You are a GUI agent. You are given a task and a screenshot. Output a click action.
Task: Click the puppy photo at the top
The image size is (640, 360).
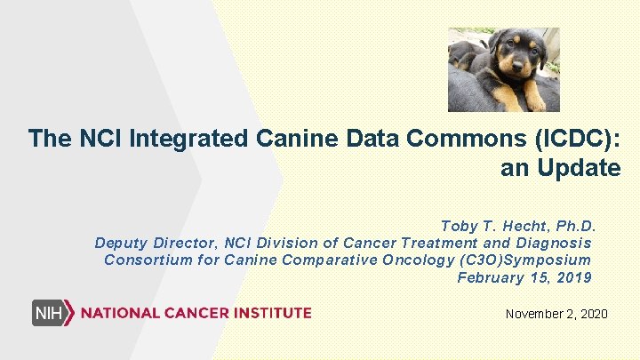502,69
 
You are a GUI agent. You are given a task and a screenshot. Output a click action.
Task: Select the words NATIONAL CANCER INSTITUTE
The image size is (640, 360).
196,313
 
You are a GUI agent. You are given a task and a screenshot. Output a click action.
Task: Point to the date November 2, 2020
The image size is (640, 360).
556,314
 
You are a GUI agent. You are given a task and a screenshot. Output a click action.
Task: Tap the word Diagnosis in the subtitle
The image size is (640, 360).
551,243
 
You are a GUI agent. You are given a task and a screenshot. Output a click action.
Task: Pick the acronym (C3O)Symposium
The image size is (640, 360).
524,260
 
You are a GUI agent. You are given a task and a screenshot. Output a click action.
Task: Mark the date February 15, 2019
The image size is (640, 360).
524,277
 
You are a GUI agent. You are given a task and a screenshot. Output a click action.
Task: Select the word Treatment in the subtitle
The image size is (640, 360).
438,243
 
